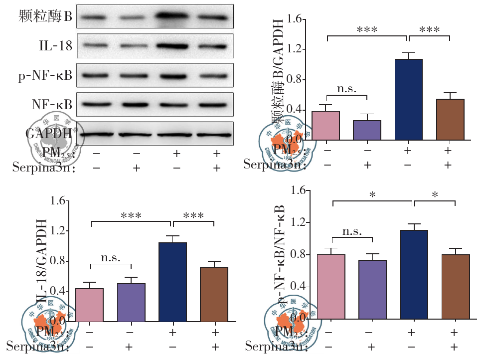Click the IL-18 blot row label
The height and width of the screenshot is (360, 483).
click(x=55, y=46)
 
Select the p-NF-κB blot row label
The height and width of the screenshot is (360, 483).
click(x=45, y=76)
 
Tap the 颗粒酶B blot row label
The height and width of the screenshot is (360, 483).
click(x=45, y=17)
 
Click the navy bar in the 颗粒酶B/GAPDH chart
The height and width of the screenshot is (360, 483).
click(x=408, y=99)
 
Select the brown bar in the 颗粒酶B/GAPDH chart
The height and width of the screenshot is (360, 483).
click(x=450, y=119)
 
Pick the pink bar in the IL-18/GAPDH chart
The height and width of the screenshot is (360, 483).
click(x=89, y=305)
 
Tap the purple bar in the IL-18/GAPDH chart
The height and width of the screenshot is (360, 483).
click(x=131, y=302)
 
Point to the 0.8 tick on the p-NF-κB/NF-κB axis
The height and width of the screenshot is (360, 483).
click(x=299, y=255)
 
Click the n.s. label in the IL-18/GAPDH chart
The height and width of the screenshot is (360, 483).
click(x=111, y=258)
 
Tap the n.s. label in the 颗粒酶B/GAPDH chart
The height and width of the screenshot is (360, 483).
click(x=347, y=89)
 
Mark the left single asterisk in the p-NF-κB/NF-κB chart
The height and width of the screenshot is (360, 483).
click(x=372, y=195)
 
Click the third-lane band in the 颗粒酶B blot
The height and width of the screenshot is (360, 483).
click(x=175, y=17)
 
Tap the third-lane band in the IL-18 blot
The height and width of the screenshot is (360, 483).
click(x=175, y=46)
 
